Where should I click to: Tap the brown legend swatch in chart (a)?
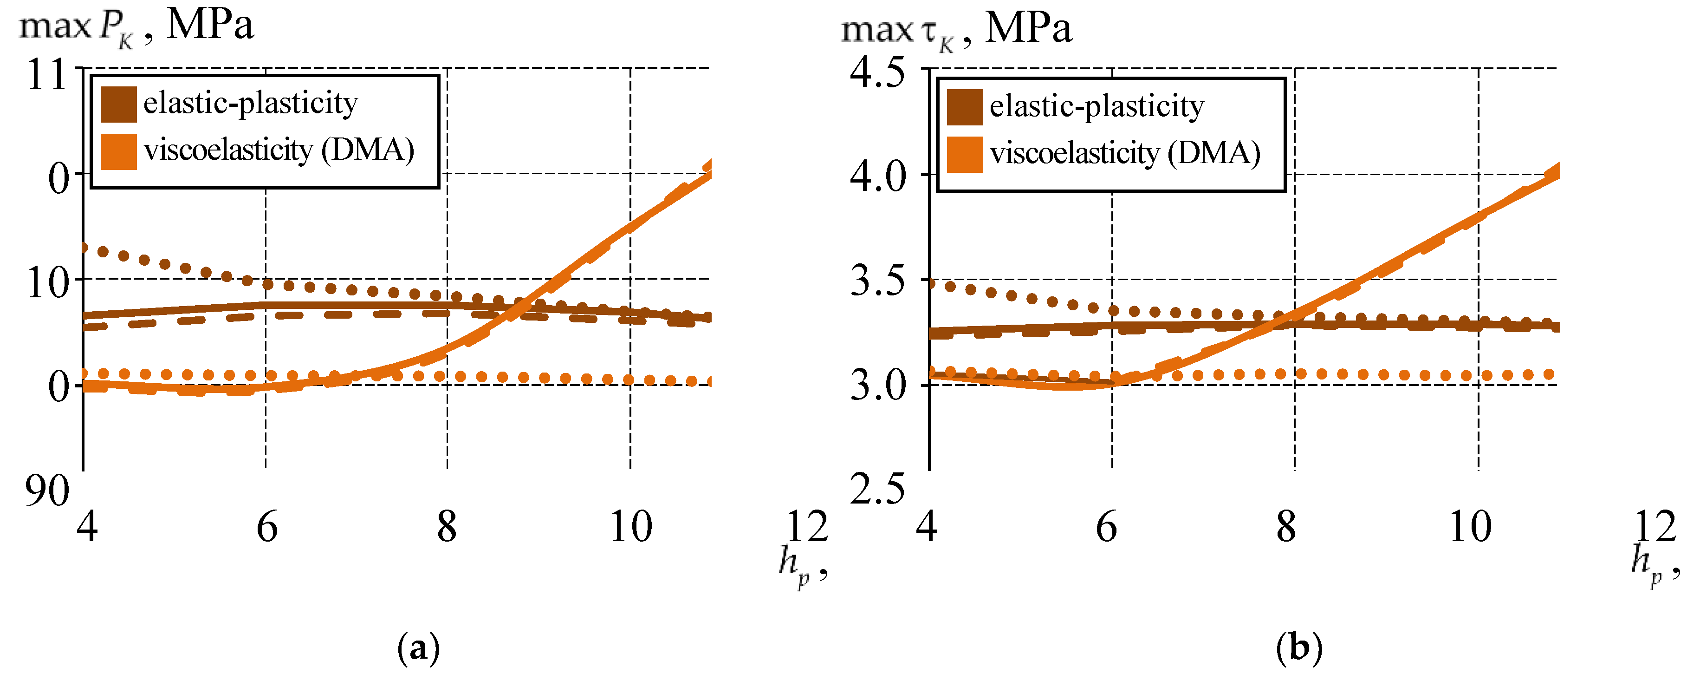(119, 105)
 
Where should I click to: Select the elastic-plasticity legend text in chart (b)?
(1096, 107)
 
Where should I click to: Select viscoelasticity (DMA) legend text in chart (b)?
(1125, 154)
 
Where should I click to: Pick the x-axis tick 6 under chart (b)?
(1107, 528)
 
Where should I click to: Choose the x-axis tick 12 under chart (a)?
(806, 528)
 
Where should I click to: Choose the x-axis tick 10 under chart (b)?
(1470, 528)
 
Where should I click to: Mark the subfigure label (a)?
(418, 648)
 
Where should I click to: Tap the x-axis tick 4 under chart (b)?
(927, 528)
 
